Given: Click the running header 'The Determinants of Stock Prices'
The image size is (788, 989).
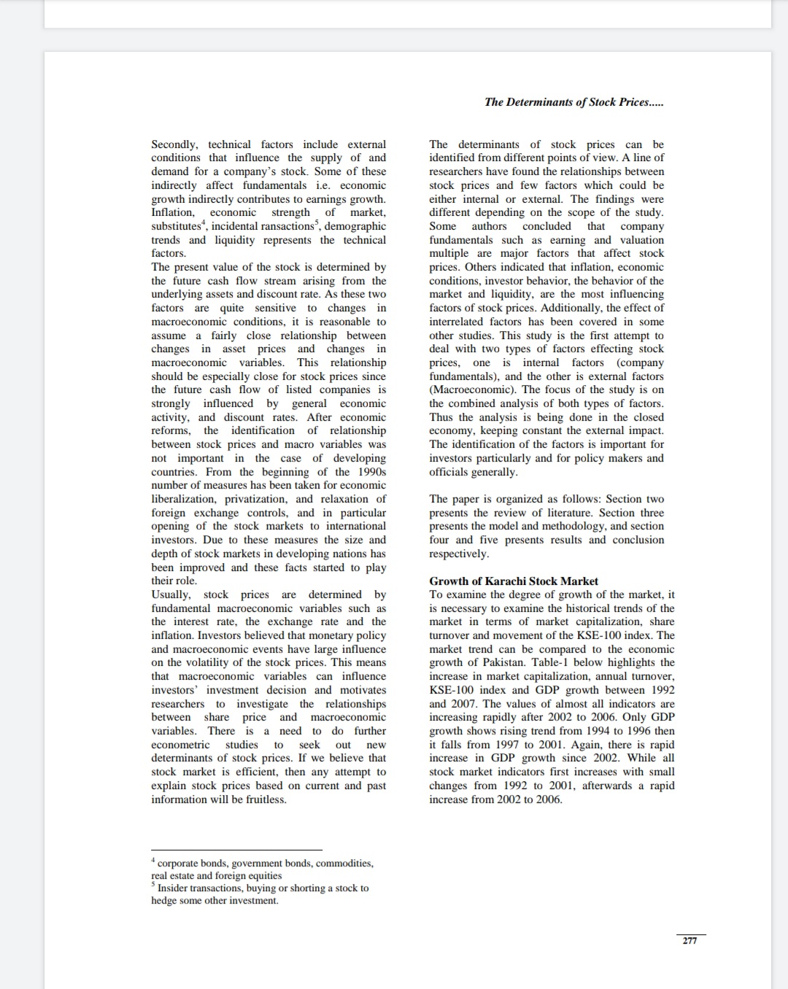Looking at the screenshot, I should pyautogui.click(x=573, y=102).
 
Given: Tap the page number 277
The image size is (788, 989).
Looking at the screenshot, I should pyautogui.click(x=689, y=941).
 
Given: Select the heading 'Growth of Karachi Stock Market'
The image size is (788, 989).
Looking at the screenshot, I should pyautogui.click(x=513, y=581).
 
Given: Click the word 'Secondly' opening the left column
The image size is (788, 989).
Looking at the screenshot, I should pyautogui.click(x=174, y=144).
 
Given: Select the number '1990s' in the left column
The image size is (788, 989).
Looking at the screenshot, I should pyautogui.click(x=371, y=472).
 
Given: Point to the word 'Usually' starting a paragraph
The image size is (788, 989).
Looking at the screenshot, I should pyautogui.click(x=171, y=594).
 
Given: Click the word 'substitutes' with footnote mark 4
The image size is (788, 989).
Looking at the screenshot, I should pyautogui.click(x=177, y=226).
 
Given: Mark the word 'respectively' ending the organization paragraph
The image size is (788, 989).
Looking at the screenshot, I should pyautogui.click(x=458, y=554).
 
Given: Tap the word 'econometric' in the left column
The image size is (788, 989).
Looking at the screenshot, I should pyautogui.click(x=180, y=745).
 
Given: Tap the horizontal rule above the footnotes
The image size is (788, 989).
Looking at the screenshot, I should pyautogui.click(x=236, y=850).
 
